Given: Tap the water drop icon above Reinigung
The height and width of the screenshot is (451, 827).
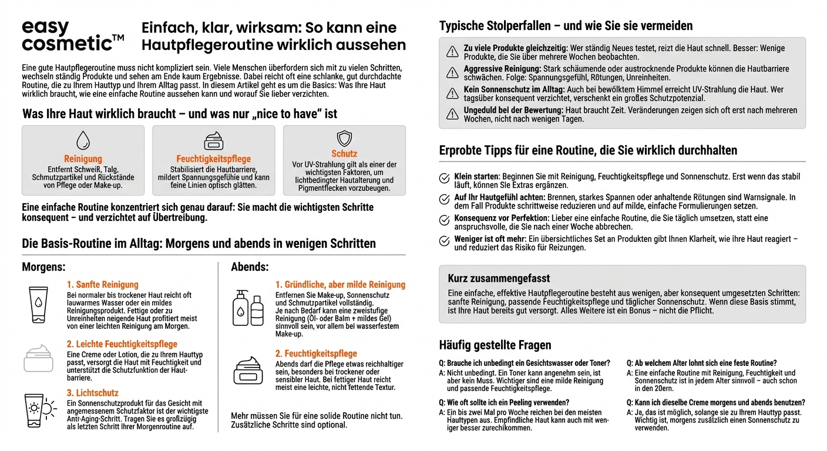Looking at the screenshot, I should [x=83, y=141].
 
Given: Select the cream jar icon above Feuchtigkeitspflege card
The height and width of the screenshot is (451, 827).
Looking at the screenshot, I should [x=213, y=142].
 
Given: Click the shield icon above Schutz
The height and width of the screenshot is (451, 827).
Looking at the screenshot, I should [x=344, y=139].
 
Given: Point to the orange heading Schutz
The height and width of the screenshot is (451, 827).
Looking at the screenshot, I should [x=344, y=154].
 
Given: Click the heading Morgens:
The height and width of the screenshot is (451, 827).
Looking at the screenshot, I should [x=43, y=267].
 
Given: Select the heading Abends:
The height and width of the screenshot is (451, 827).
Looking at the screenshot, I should [x=250, y=267].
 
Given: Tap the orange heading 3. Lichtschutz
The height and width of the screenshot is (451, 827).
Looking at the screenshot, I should [x=92, y=393].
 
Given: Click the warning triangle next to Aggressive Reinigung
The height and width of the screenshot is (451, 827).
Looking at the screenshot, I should [x=452, y=73].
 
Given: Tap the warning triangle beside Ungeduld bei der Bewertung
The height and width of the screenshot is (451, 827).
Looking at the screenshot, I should [x=452, y=114].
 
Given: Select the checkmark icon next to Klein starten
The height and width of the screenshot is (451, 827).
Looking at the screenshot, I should [x=445, y=178].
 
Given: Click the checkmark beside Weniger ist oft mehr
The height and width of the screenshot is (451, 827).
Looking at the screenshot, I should [x=445, y=241].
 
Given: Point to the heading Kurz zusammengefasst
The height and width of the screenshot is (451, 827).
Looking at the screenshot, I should [x=499, y=278].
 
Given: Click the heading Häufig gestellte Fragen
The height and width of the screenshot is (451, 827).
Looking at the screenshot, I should [x=495, y=345].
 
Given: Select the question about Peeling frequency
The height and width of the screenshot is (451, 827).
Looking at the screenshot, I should [x=504, y=402].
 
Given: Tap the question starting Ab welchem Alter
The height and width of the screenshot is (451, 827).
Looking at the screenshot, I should [x=701, y=363].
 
